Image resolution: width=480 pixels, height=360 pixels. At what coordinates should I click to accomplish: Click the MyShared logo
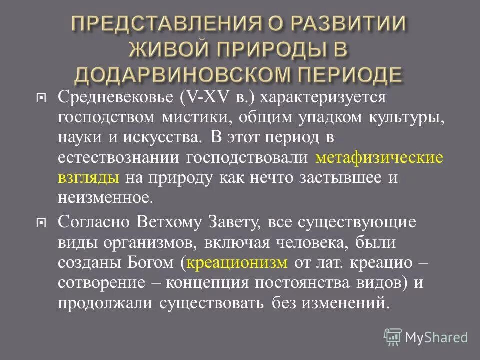426,336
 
